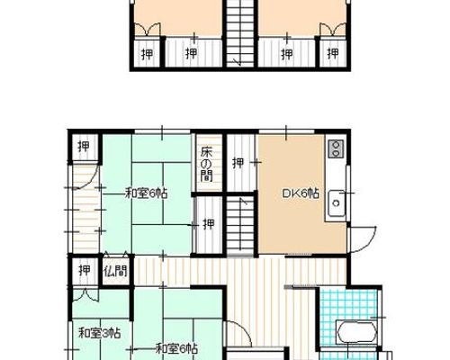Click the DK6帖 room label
pyautogui.click(x=301, y=193)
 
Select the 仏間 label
pyautogui.click(x=115, y=271)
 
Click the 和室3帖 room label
pyautogui.click(x=100, y=333)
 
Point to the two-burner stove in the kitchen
pyautogui.click(x=336, y=148)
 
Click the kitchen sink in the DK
pyautogui.click(x=337, y=203)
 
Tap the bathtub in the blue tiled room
pyautogui.click(x=356, y=332)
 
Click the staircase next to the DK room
pyautogui.click(x=240, y=225)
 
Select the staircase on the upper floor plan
pyautogui.click(x=240, y=33)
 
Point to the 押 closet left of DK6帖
pyautogui.click(x=238, y=163)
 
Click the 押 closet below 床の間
pyautogui.click(x=209, y=224)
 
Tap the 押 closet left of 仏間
pyautogui.click(x=85, y=270)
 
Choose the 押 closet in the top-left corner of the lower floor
pyautogui.click(x=84, y=147)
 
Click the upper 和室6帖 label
pyautogui.click(x=146, y=193)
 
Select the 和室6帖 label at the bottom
pyautogui.click(x=176, y=348)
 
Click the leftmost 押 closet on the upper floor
pyautogui.click(x=147, y=54)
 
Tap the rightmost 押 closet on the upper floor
pyautogui.click(x=333, y=54)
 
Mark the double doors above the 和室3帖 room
pyautogui.click(x=85, y=294)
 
